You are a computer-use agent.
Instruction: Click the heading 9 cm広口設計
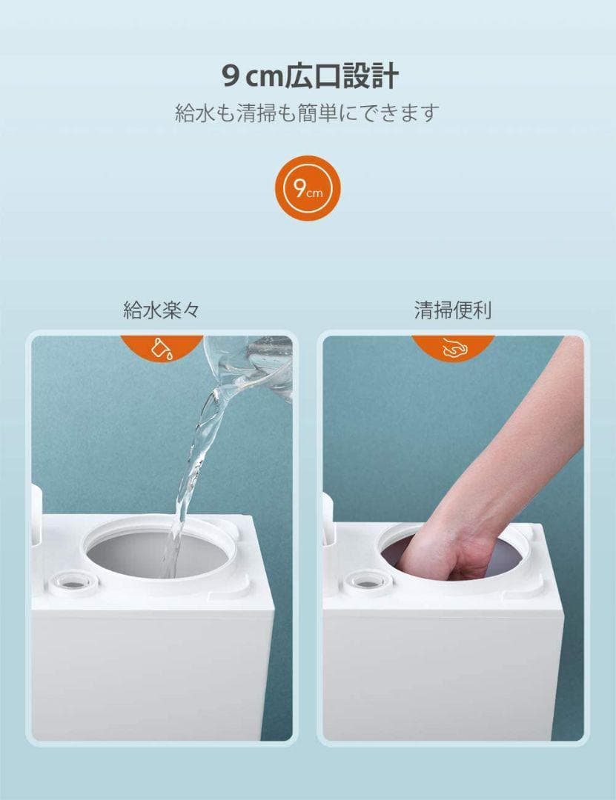[310, 76]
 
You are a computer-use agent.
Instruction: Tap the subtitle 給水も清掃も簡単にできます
[308, 113]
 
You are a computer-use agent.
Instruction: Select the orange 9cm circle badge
[308, 188]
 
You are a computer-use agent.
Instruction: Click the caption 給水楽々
[161, 310]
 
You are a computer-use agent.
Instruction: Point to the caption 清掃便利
[453, 310]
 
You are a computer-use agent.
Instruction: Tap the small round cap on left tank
[71, 582]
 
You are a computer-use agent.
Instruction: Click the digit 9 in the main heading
[231, 77]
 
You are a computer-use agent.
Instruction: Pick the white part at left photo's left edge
[36, 516]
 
